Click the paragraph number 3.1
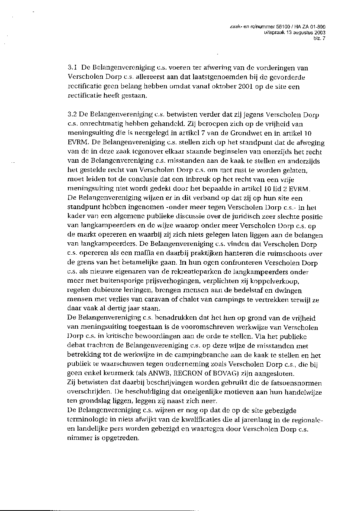pos(72,68)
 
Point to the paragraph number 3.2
pos(72,115)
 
